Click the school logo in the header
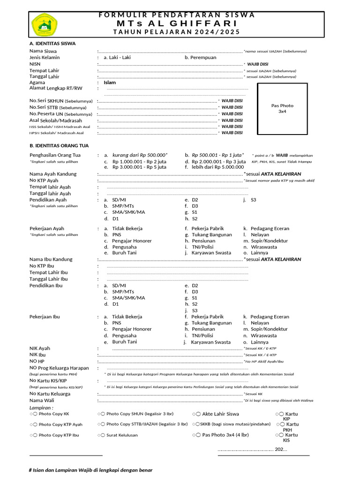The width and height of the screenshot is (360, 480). [44, 24]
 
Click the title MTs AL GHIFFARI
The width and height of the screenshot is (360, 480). [177, 23]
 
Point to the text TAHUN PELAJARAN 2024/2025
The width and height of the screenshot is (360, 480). [177, 32]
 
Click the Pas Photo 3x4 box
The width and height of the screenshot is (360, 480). [282, 108]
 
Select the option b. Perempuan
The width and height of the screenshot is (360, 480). [200, 57]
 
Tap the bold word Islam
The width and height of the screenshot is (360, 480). [110, 82]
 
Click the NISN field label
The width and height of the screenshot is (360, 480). [35, 64]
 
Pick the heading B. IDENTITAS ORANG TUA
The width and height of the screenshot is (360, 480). [59, 145]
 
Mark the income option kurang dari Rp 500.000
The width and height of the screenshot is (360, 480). [140, 155]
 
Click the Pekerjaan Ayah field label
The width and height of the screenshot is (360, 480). [47, 229]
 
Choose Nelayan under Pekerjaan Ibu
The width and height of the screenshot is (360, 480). [260, 323]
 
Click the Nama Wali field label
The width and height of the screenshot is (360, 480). [43, 400]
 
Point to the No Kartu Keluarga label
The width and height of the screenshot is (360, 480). [50, 394]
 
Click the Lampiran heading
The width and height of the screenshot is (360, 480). [41, 408]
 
